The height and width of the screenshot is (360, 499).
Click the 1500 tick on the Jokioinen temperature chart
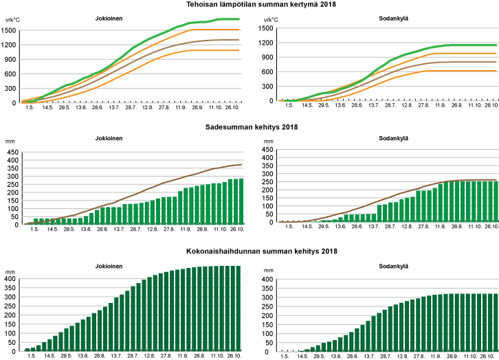[x=10, y=30]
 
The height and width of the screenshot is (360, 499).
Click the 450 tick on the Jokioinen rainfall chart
[x=12, y=153]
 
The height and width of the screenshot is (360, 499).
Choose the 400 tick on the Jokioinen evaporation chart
[x=10, y=280]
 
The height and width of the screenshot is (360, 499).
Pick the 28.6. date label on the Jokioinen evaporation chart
[x=100, y=355]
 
